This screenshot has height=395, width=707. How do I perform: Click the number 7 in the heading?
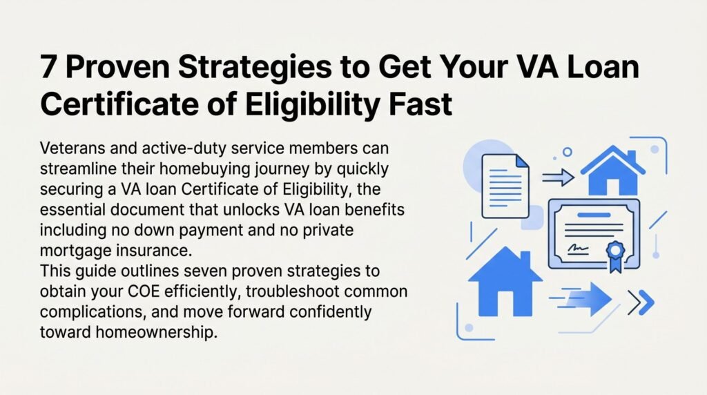[48, 67]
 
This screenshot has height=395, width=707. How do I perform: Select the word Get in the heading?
[403, 67]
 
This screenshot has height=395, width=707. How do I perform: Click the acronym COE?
[144, 291]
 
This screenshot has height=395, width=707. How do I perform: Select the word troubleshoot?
[292, 291]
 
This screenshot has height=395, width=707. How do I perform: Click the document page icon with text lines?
[505, 186]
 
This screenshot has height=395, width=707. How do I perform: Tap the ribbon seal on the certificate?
[615, 255]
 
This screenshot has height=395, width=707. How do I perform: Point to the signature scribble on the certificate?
[578, 247]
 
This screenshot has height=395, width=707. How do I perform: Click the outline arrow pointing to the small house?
[558, 177]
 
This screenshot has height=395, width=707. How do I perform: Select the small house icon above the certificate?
[613, 170]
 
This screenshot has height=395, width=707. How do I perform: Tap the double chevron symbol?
[641, 302]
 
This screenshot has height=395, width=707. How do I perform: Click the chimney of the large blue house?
[525, 259]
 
